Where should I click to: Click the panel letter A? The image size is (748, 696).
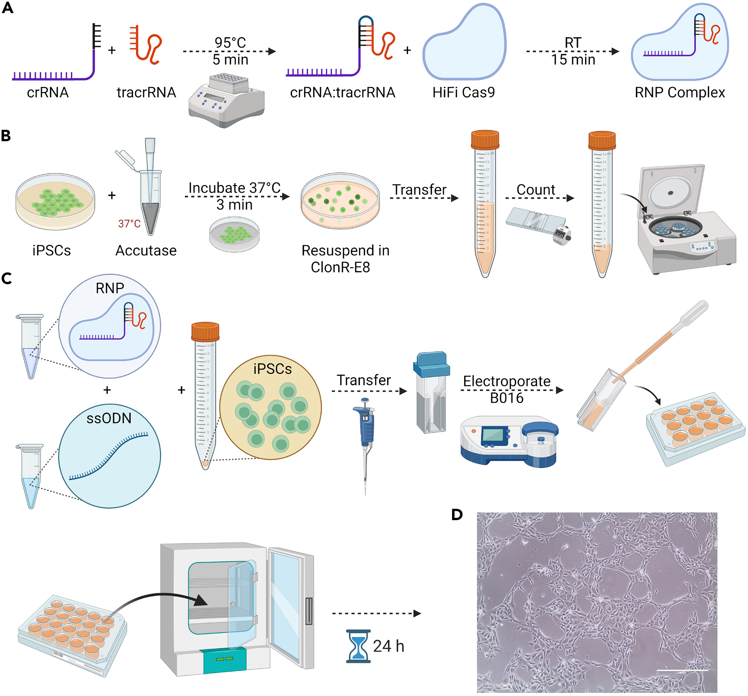[8, 8]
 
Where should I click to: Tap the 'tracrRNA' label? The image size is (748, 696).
[146, 92]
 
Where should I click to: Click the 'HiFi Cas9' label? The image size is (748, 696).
[463, 92]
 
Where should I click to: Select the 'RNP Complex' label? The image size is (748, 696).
[680, 92]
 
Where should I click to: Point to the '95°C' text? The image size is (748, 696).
[230, 42]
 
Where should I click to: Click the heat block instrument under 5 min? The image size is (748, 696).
[226, 100]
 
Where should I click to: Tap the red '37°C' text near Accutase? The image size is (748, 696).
[129, 224]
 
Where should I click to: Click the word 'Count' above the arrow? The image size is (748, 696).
[535, 190]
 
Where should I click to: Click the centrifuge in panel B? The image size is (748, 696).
[685, 222]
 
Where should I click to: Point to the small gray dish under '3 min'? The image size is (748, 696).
[234, 234]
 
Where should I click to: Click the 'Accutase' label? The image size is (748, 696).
[146, 251]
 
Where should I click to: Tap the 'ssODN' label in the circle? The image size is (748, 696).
[109, 418]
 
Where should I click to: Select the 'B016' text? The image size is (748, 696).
[506, 398]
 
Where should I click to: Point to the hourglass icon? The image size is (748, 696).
[358, 646]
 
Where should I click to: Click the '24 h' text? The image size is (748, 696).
[388, 646]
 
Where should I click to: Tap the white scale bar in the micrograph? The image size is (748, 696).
[682, 670]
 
